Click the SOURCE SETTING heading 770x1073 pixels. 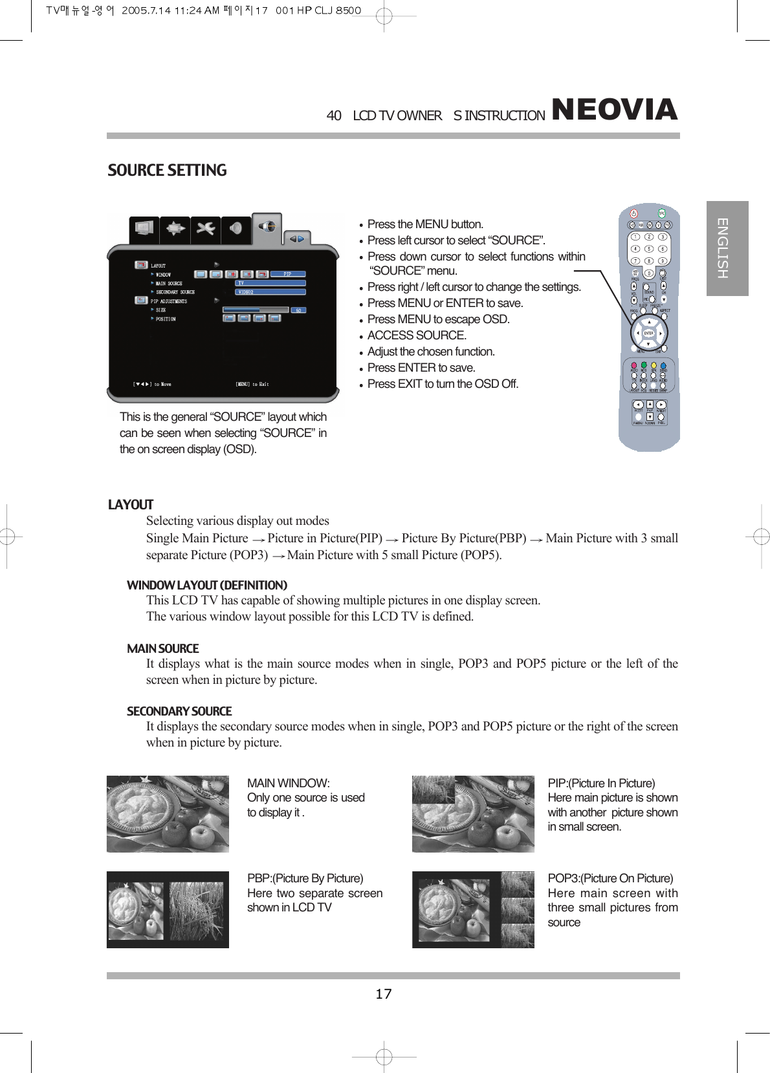tap(167, 171)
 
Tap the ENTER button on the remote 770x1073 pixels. tap(648, 333)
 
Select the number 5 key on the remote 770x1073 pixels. tap(648, 249)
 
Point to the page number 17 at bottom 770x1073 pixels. tap(384, 994)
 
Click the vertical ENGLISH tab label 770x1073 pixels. tap(723, 248)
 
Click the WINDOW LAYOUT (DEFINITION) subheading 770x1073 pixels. tap(206, 586)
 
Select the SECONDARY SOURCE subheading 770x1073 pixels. tap(179, 712)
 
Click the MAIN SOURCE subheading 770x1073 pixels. tap(162, 649)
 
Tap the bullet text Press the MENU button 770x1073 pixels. tap(425, 224)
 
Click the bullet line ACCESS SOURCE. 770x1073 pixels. tap(417, 335)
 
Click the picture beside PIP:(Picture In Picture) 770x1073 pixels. tap(473, 814)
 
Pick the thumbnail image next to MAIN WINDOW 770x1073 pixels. tap(168, 814)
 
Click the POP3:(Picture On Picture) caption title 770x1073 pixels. tap(610, 878)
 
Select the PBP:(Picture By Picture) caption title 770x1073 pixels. tap(305, 878)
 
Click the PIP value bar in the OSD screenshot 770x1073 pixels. tap(287, 274)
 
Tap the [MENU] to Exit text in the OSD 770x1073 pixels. tap(252, 384)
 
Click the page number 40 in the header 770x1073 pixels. tap(334, 116)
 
